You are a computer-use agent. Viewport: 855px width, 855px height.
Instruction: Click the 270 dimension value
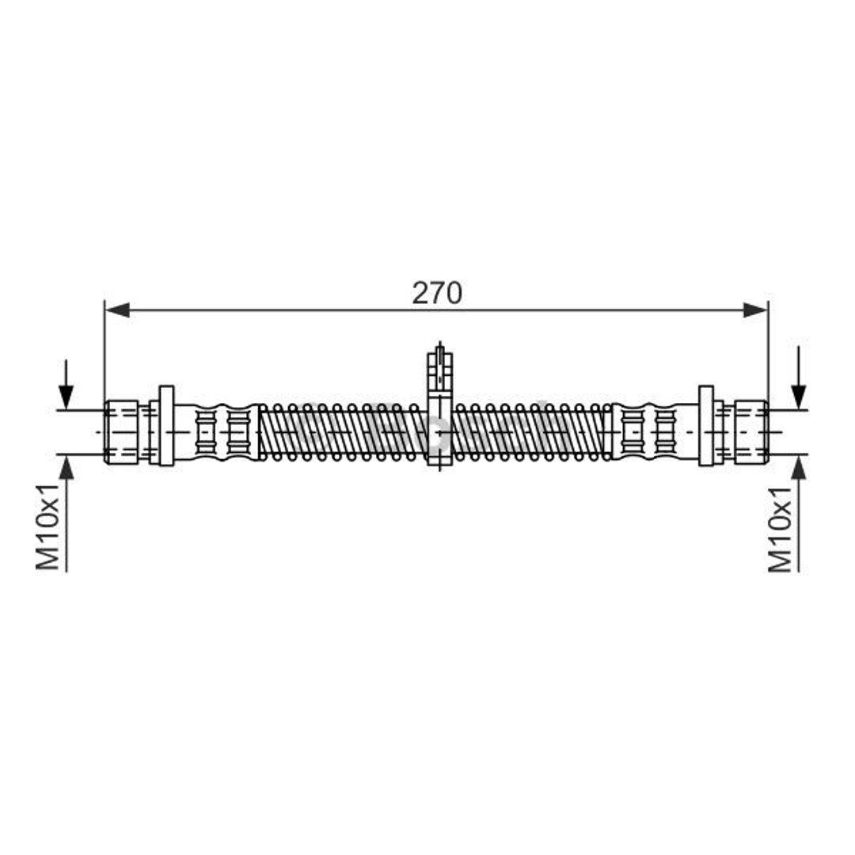(437, 293)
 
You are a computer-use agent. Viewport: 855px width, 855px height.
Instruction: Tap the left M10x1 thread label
(48, 526)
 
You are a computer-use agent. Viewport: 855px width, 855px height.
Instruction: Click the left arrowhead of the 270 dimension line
(117, 310)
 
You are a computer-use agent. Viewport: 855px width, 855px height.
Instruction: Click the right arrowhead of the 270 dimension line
(756, 310)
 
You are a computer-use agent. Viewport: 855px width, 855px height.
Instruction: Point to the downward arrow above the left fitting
(66, 385)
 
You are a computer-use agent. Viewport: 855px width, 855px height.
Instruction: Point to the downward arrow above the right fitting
(798, 378)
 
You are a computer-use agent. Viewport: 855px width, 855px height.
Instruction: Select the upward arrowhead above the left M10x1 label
(66, 467)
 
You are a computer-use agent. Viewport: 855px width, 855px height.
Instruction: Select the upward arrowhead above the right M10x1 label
(798, 467)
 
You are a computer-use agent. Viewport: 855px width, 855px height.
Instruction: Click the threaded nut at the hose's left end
(121, 432)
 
